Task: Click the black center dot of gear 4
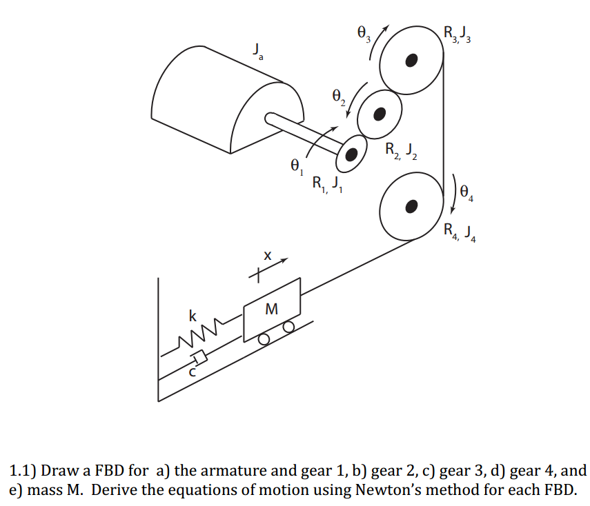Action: click(x=412, y=205)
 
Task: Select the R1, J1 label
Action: click(x=326, y=184)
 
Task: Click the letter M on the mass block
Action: click(x=272, y=310)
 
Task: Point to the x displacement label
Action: click(x=266, y=256)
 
